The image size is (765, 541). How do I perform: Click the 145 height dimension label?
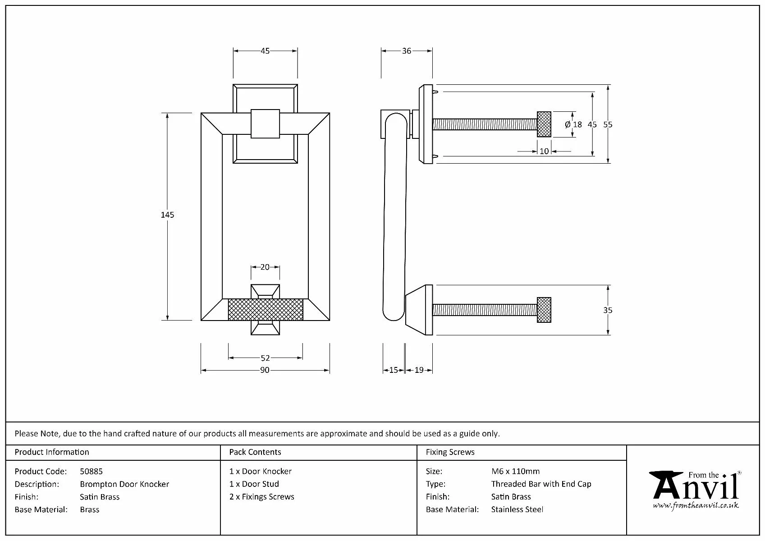pos(167,215)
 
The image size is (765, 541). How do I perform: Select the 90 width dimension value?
pos(265,370)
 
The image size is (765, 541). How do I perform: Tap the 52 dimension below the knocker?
pos(266,358)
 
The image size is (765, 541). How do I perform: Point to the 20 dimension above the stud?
pos(265,267)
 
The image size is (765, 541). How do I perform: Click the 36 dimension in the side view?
pos(407,51)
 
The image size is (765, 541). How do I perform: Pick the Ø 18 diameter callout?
pos(573,125)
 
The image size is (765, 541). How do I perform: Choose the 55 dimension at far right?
pos(608,125)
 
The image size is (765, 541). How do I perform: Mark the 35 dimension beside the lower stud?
pos(608,310)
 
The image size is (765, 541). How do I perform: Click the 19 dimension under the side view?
pos(419,370)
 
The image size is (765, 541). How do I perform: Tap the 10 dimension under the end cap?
pos(544,151)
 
